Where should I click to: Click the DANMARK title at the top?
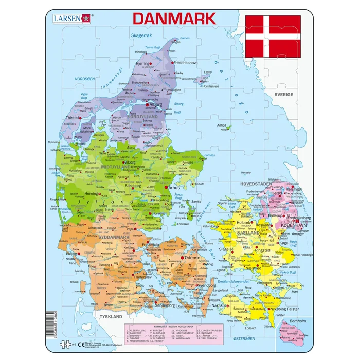coord(174,19)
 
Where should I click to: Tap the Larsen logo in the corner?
coord(70,19)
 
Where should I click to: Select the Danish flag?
coord(273,36)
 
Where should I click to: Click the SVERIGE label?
coord(283,95)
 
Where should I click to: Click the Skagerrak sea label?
coord(142,35)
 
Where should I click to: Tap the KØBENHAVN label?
coord(294,225)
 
